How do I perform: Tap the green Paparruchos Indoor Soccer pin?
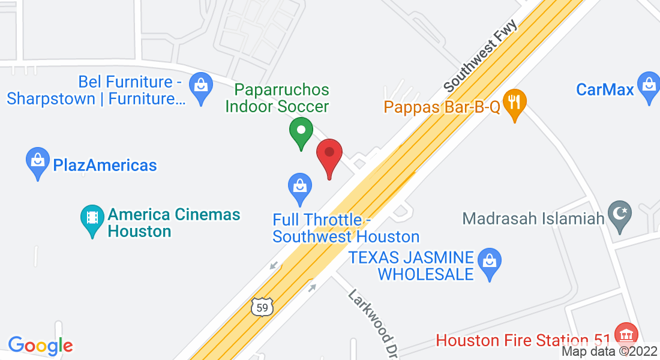click(x=301, y=131)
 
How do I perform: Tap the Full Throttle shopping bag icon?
click(x=299, y=187)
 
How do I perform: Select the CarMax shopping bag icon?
click(x=649, y=86)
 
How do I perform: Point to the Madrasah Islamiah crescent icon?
click(x=619, y=215)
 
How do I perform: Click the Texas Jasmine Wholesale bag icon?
click(x=489, y=262)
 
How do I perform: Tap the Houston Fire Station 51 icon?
click(x=628, y=334)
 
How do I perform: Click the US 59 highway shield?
click(x=262, y=307)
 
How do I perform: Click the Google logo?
click(x=40, y=346)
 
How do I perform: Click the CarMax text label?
click(x=605, y=90)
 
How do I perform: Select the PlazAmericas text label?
click(x=105, y=165)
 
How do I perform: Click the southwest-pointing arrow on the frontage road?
click(x=274, y=265)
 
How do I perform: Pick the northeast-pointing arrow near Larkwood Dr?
click(x=311, y=288)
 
